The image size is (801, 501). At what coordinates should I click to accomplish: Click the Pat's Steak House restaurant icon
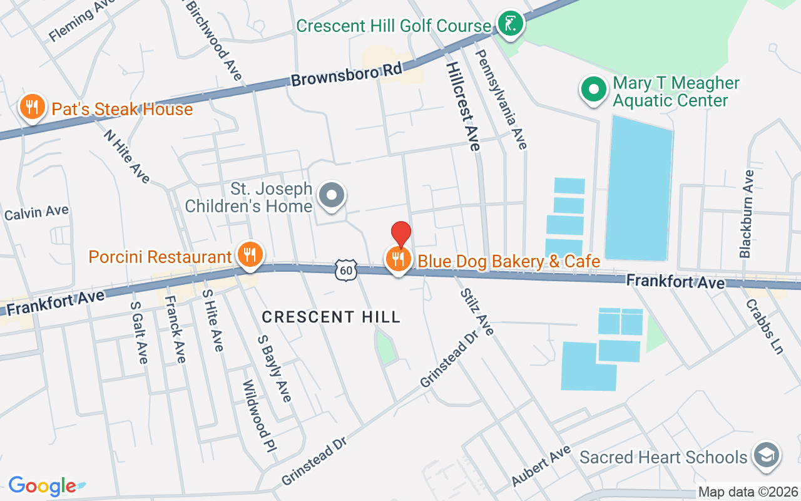click(31, 108)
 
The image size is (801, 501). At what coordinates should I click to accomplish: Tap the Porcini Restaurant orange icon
click(250, 256)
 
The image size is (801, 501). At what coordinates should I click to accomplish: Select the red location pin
click(400, 235)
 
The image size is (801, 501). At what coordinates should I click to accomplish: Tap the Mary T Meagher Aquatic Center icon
click(593, 90)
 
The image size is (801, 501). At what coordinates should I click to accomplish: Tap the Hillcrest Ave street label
click(464, 106)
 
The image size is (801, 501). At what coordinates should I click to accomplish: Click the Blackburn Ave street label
click(747, 214)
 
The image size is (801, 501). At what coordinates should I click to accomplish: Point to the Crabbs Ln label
click(764, 326)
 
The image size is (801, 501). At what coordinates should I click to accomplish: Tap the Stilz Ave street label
click(477, 311)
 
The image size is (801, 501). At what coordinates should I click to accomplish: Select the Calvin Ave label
click(36, 213)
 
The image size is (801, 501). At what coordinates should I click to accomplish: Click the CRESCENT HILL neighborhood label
click(331, 317)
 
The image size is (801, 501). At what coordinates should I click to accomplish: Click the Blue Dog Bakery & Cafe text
click(509, 261)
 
